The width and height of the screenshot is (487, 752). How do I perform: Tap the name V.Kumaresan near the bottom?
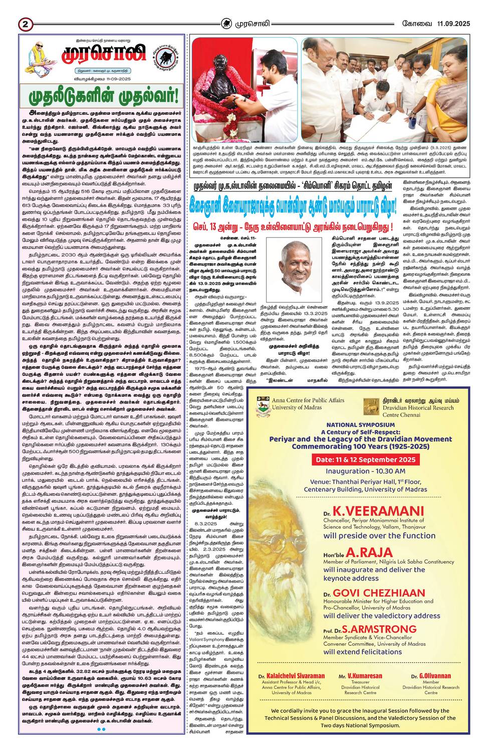point(360,676)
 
